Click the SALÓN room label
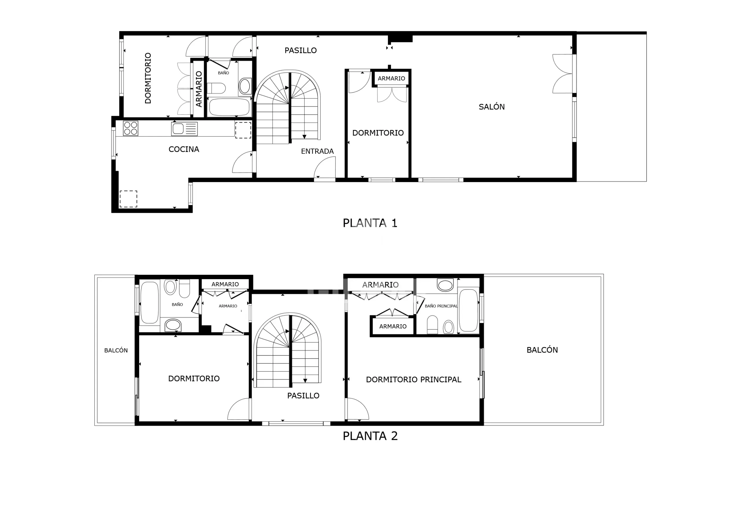point(491,107)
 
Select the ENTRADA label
point(317,151)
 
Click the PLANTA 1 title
point(370,223)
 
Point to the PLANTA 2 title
point(370,436)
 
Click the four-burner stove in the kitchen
point(131,128)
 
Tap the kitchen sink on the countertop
point(184,129)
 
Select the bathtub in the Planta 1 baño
point(229,107)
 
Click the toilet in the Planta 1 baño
point(216,88)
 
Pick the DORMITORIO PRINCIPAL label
point(413,380)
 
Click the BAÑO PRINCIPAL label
point(441,306)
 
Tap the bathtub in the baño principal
point(468,310)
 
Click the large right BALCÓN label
point(542,350)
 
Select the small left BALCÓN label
point(116,350)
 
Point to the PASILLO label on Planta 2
point(303,396)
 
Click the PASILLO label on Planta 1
point(300,50)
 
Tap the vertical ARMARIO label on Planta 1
point(199,89)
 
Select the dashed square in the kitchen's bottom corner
point(129,199)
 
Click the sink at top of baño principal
point(445,285)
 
